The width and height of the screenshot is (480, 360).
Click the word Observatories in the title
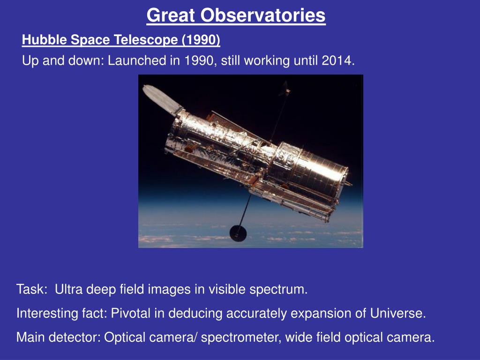[x=263, y=15]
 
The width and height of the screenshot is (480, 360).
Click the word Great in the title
[x=171, y=15]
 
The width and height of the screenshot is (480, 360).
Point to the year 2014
[x=338, y=60]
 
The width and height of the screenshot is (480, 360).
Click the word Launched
[x=136, y=60]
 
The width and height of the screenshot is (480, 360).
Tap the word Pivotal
[x=131, y=313]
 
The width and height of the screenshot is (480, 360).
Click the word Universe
[x=398, y=313]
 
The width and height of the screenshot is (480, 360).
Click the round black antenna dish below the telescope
[x=238, y=233]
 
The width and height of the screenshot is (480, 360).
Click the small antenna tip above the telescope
[x=286, y=89]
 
